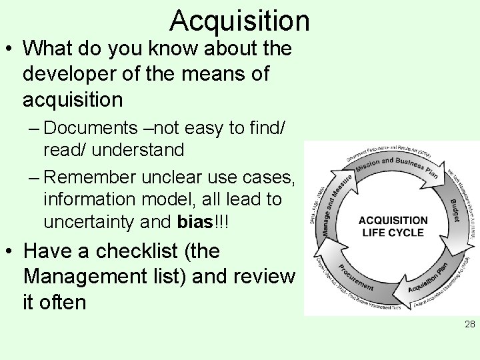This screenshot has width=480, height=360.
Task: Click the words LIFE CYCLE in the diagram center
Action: [x=393, y=233]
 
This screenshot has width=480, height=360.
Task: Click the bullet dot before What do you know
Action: [x=10, y=51]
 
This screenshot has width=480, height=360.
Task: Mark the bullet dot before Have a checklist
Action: [x=10, y=253]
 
